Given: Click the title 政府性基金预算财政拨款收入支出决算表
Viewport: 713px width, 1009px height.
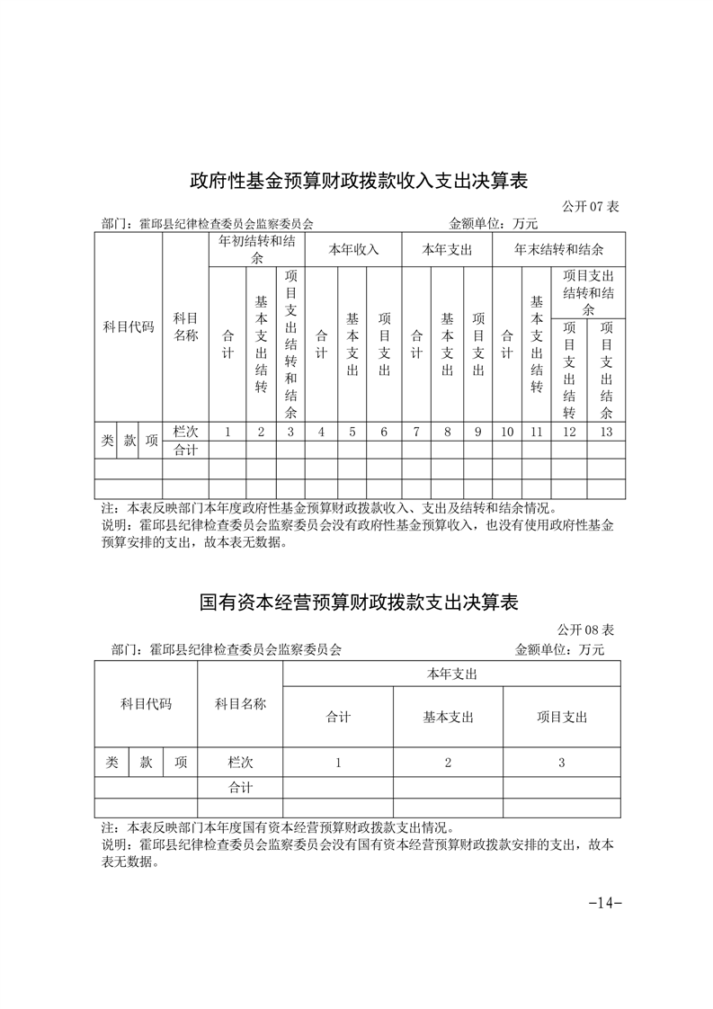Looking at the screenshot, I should [358, 181].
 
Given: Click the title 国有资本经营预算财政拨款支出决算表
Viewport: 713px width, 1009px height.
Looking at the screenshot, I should [358, 602].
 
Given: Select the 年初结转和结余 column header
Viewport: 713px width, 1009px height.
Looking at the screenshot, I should [256, 249].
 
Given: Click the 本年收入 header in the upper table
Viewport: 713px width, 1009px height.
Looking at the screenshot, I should [352, 249].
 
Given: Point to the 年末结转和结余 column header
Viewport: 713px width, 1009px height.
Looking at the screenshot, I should [558, 249].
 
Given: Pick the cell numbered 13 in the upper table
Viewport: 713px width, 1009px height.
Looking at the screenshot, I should [607, 432].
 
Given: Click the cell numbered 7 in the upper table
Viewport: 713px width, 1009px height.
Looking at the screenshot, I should [416, 432].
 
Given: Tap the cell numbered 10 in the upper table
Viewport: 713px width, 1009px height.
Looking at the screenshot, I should [507, 432].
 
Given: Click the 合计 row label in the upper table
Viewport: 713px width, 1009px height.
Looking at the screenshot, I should [185, 450].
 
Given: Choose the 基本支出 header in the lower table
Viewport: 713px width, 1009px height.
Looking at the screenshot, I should [448, 717].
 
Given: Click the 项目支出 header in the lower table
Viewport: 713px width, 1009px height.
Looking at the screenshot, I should [561, 717].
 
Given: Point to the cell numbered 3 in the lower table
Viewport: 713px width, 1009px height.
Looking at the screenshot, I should [561, 763].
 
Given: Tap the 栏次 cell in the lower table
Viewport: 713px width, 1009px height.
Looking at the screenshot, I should [240, 763].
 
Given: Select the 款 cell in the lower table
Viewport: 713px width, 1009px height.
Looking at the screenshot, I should [146, 763].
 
